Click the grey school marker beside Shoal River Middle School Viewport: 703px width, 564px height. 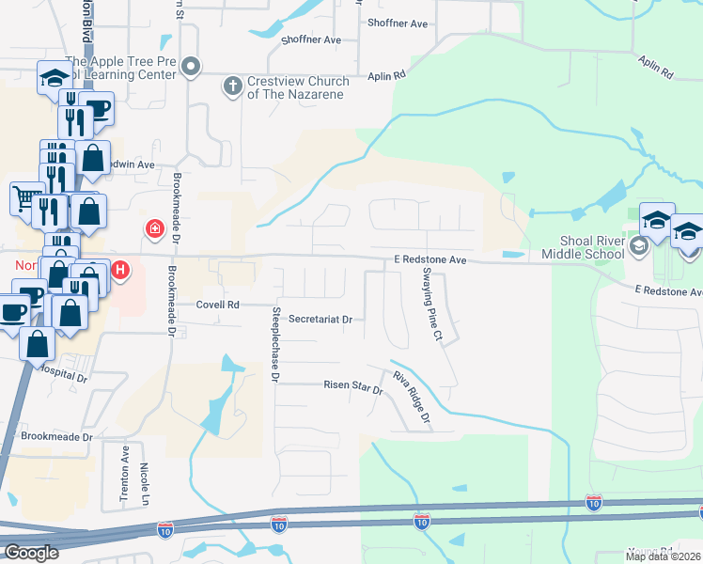tap(639, 246)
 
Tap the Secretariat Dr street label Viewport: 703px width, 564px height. tap(320, 320)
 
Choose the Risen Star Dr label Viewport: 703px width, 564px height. tap(353, 386)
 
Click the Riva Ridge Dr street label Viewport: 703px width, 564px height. tap(411, 396)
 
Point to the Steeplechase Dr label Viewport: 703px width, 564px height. tap(276, 344)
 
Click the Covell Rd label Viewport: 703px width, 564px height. tap(218, 305)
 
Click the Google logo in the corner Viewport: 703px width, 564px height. tap(31, 553)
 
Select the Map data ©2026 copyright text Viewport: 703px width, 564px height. tap(663, 556)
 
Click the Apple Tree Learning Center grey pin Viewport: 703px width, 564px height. tap(192, 66)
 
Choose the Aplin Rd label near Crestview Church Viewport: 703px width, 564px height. tap(386, 74)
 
